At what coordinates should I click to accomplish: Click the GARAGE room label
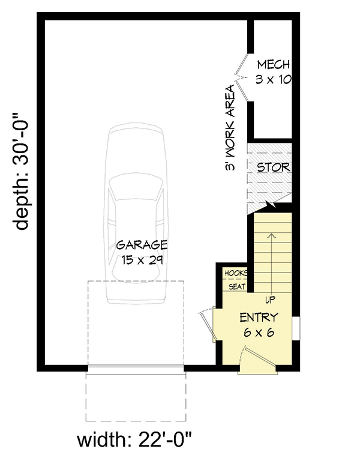pyautogui.click(x=142, y=245)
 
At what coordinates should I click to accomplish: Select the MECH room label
pyautogui.click(x=273, y=65)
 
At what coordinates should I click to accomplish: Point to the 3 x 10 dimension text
pyautogui.click(x=273, y=79)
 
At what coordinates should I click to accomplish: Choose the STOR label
pyautogui.click(x=272, y=167)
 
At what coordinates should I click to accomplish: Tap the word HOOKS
pyautogui.click(x=236, y=274)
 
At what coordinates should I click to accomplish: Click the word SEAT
pyautogui.click(x=236, y=286)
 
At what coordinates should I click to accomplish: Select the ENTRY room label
pyautogui.click(x=259, y=317)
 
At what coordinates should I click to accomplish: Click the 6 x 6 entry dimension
pyautogui.click(x=259, y=332)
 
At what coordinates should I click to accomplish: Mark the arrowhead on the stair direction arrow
pyautogui.click(x=273, y=235)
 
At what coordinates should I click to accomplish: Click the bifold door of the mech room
pyautogui.click(x=242, y=76)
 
